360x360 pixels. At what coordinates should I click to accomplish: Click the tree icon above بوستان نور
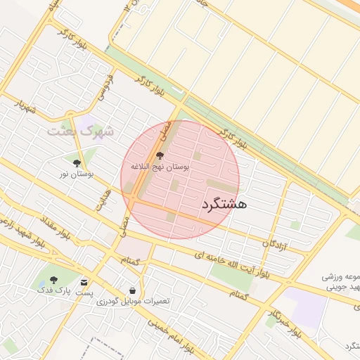pyautogui.click(x=77, y=163)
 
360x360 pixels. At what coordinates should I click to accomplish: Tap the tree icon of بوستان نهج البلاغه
pyautogui.click(x=160, y=155)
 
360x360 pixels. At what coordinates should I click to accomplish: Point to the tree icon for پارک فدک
pyautogui.click(x=54, y=280)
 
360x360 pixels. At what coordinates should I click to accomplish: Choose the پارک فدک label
pyautogui.click(x=53, y=290)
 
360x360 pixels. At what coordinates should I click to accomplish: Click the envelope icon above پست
pyautogui.click(x=84, y=282)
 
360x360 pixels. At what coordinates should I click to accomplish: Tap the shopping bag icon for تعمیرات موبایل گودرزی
pyautogui.click(x=132, y=290)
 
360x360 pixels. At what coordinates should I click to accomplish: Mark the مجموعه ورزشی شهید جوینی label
pyautogui.click(x=340, y=282)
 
